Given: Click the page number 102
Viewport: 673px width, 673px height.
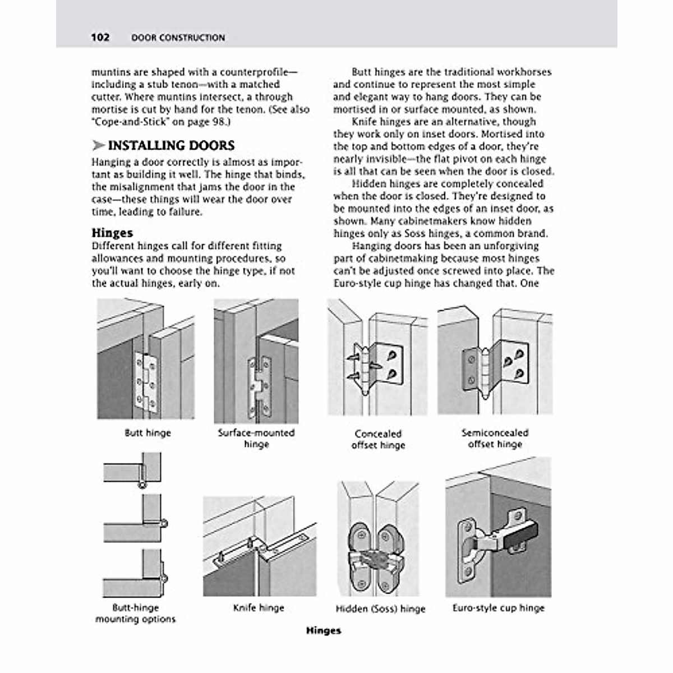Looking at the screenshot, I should click(100, 38).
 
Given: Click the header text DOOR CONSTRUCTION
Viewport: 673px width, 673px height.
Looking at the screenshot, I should click(178, 38).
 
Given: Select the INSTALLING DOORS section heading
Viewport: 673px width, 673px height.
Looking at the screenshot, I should click(171, 145).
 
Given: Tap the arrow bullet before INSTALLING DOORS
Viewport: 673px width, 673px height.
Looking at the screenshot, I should click(98, 146).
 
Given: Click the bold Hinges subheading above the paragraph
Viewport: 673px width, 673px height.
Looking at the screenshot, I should click(112, 233).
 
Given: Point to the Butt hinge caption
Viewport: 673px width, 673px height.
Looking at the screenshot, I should click(147, 433).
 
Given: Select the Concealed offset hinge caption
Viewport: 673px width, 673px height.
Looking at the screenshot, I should click(378, 439).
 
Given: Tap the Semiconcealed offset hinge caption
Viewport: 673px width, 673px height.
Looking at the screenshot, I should click(495, 438).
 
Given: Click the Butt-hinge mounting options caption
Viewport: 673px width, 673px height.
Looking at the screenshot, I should click(135, 613).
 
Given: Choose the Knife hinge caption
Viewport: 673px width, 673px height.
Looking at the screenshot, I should click(259, 607).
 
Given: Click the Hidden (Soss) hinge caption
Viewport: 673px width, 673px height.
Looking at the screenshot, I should click(380, 609).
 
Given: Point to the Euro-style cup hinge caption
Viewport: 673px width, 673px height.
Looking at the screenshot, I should click(499, 607).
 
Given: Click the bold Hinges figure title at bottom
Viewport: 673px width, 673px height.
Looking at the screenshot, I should click(324, 630).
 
